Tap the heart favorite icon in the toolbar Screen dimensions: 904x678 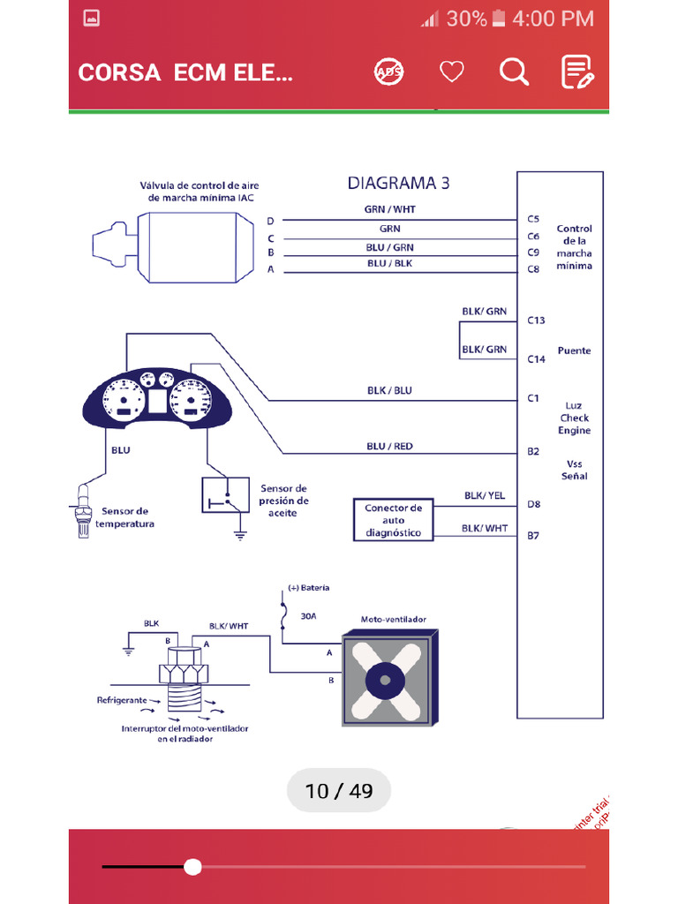pos(452,72)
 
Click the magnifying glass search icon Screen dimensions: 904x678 pos(514,72)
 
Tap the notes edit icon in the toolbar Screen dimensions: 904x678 pos(577,72)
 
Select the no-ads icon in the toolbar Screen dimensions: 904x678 pos(388,72)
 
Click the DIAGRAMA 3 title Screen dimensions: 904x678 pos(398,184)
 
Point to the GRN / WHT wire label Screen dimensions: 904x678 pos(389,209)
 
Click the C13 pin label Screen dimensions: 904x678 pos(536,320)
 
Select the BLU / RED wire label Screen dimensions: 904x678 pos(389,446)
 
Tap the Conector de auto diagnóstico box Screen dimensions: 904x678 pos(393,520)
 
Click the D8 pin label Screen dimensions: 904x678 pos(533,504)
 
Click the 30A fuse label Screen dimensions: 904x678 pos(308,617)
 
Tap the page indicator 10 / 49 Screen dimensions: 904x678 pos(339,791)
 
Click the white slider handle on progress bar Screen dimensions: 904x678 pos(192,866)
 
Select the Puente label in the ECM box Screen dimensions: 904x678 pos(574,350)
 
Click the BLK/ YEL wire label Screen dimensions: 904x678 pos(485,496)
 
